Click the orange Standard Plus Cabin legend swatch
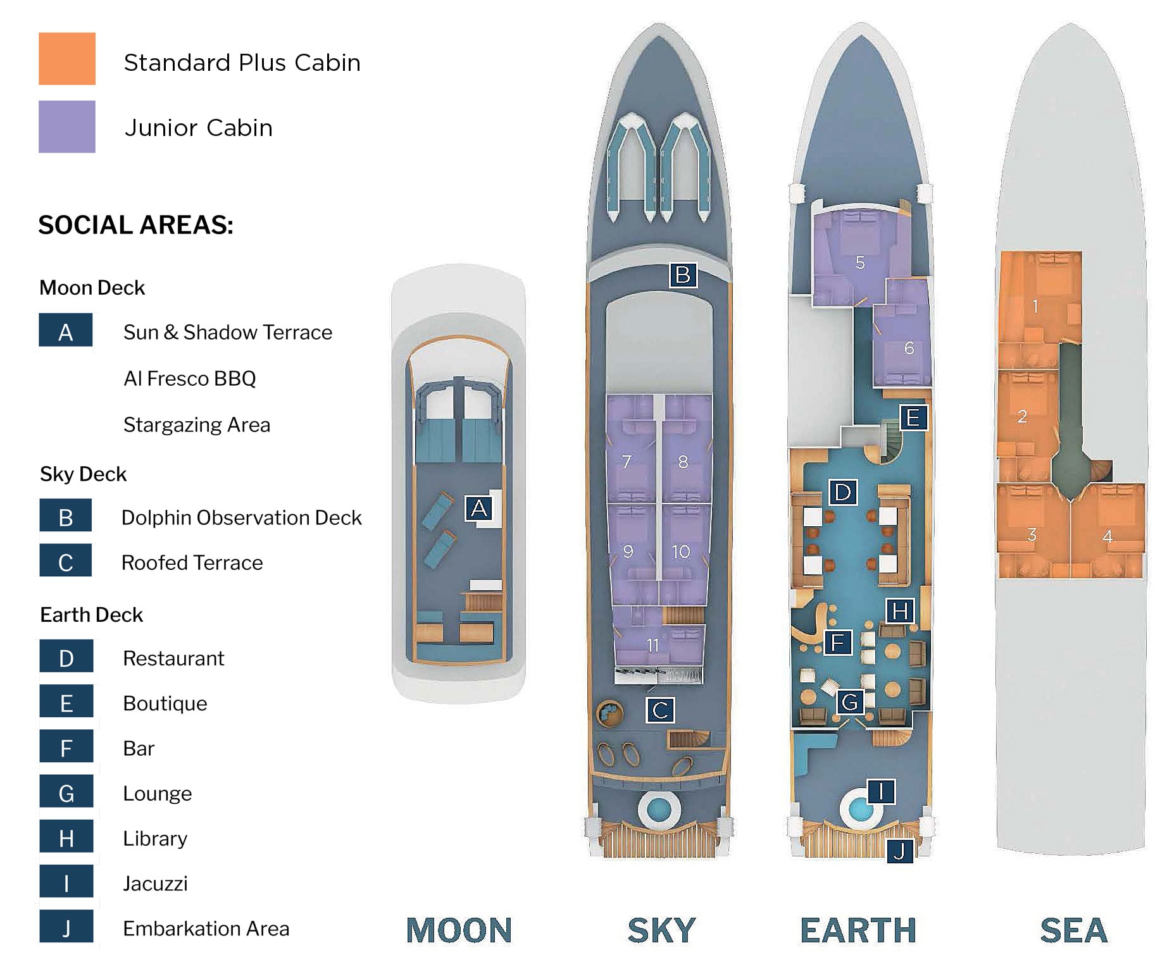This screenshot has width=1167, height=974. pyautogui.click(x=67, y=59)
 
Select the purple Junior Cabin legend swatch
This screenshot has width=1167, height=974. pyautogui.click(x=67, y=126)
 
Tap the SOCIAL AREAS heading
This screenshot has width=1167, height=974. pyautogui.click(x=135, y=225)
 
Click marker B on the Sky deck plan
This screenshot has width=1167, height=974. pyautogui.click(x=683, y=275)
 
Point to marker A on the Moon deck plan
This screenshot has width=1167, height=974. pyautogui.click(x=479, y=508)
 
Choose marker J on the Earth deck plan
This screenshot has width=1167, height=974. pyautogui.click(x=899, y=851)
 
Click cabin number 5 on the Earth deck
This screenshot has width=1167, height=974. pyautogui.click(x=860, y=262)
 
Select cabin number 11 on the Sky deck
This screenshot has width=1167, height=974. pyautogui.click(x=652, y=645)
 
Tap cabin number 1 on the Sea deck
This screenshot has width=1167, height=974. pyautogui.click(x=1035, y=307)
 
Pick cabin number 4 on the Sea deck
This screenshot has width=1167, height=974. pyautogui.click(x=1108, y=537)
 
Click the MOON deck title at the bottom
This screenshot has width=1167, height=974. pyautogui.click(x=459, y=931)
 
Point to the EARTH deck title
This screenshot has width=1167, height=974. pyautogui.click(x=858, y=931)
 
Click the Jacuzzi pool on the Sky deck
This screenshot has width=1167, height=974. pyautogui.click(x=659, y=808)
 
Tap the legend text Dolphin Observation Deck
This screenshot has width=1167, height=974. pyautogui.click(x=241, y=517)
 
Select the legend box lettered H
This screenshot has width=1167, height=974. pyautogui.click(x=66, y=838)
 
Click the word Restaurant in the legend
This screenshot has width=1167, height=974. pyautogui.click(x=173, y=658)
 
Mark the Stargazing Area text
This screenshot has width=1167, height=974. pyautogui.click(x=196, y=425)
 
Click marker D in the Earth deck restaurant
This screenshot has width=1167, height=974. pyautogui.click(x=843, y=492)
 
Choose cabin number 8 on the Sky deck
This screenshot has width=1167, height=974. pyautogui.click(x=683, y=462)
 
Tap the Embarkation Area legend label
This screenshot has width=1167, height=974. pyautogui.click(x=206, y=928)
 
